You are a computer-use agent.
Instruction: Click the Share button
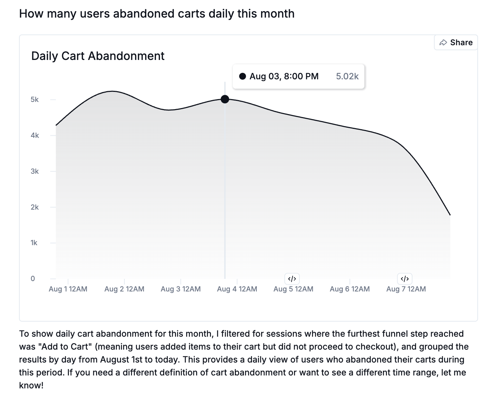(456, 42)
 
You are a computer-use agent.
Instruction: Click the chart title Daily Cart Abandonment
(98, 56)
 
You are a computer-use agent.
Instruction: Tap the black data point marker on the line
(225, 99)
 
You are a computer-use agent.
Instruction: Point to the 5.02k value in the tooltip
(347, 76)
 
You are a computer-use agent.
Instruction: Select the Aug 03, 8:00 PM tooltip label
(284, 76)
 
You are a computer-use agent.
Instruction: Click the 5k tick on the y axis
(35, 99)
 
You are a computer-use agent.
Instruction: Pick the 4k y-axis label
(35, 135)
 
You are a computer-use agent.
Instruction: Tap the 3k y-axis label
(35, 171)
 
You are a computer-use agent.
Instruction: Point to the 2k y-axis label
(35, 207)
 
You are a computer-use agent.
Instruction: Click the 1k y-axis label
(34, 243)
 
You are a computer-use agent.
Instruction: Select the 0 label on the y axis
(33, 279)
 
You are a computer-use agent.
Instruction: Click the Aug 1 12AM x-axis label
(68, 289)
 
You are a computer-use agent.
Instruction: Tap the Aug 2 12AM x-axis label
(124, 289)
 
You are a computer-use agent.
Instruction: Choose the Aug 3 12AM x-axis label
(180, 289)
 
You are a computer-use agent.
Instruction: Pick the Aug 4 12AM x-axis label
(237, 289)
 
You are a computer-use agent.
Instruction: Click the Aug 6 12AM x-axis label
(350, 289)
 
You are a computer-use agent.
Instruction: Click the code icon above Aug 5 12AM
(292, 279)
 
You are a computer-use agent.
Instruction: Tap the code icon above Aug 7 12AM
(405, 279)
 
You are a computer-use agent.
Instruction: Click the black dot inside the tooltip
(242, 76)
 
